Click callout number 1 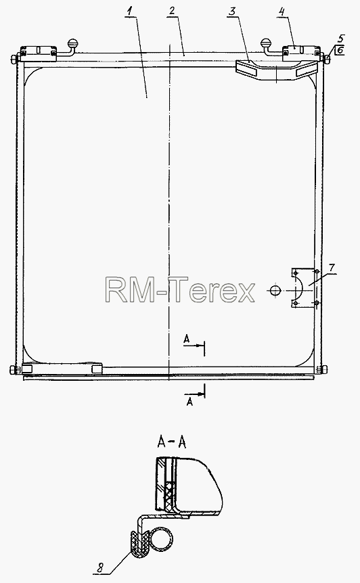pos(129,11)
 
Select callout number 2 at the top pos(171,11)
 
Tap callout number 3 pos(232,11)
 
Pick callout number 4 pos(282,11)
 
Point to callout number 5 pos(341,39)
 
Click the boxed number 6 pos(340,50)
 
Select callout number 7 pos(332,268)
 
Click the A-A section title pos(172,442)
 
